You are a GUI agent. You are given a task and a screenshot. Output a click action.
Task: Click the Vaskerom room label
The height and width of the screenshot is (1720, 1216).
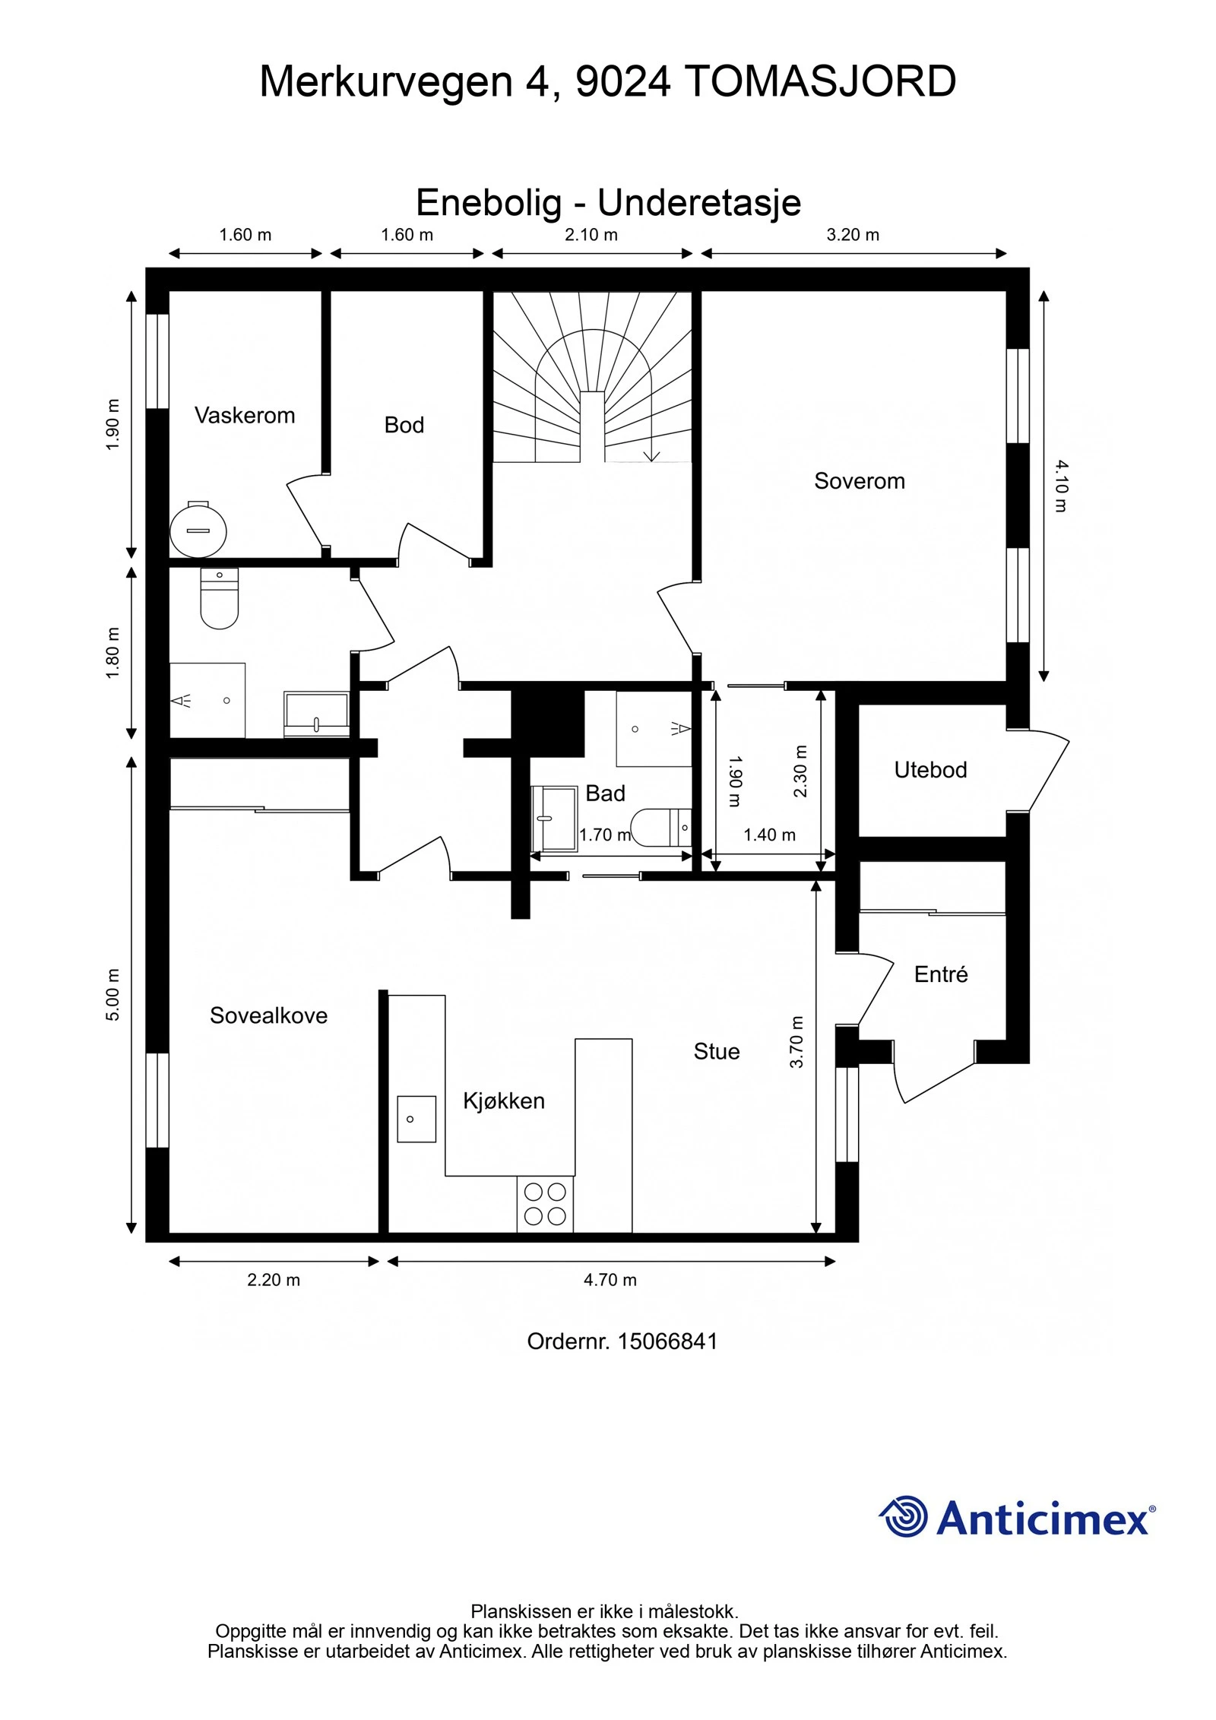click(x=245, y=415)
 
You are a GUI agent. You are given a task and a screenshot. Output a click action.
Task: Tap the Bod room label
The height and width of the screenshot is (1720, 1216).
click(x=404, y=425)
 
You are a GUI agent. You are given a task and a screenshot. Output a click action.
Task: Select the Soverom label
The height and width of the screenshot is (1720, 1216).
click(x=860, y=480)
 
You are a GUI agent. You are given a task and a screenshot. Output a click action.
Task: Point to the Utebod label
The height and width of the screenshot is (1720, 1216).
click(x=930, y=770)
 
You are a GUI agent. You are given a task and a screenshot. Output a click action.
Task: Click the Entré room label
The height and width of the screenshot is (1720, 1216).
click(x=941, y=974)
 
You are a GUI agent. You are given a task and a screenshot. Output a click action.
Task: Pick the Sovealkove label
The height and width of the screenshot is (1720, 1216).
click(x=269, y=1015)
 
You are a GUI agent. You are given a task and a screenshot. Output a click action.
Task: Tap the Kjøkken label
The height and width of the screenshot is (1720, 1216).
click(x=504, y=1101)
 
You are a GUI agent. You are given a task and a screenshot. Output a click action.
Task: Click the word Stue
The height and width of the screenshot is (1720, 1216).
click(x=717, y=1051)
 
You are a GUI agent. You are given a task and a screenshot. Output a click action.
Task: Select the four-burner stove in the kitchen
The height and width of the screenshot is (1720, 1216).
click(x=545, y=1205)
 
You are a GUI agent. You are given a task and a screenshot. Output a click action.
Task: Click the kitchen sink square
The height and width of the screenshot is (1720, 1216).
click(x=416, y=1119)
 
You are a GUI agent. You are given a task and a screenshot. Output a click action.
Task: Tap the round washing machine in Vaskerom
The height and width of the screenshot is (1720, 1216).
click(x=198, y=529)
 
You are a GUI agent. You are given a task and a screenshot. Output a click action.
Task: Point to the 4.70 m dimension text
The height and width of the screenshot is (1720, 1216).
click(x=610, y=1280)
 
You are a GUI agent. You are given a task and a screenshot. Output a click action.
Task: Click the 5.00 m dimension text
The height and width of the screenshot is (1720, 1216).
click(x=112, y=995)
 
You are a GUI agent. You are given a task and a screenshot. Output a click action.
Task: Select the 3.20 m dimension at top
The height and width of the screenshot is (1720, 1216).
click(x=853, y=235)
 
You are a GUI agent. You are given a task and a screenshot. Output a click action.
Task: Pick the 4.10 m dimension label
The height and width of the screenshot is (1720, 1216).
click(x=1062, y=486)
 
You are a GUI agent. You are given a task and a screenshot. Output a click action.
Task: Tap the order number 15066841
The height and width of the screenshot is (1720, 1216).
click(x=667, y=1341)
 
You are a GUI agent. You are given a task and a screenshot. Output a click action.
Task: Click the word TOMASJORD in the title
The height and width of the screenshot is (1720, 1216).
click(x=820, y=81)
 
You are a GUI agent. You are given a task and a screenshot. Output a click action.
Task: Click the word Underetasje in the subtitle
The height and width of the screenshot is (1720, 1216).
click(x=699, y=203)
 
